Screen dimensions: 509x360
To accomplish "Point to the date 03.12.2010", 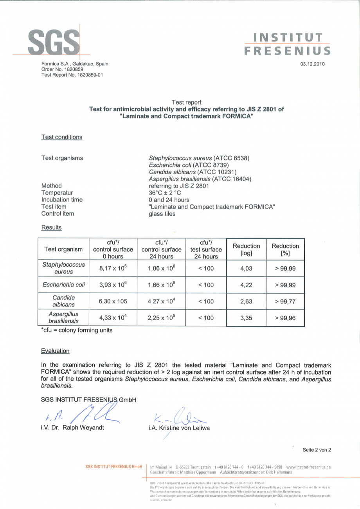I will pos(312,64).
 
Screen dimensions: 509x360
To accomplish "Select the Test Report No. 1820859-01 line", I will pos(72,75).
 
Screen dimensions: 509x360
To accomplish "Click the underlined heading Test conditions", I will pos(62,137).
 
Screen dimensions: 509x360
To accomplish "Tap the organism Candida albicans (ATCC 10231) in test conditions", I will pos(193,172).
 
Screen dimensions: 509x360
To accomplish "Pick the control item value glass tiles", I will pos(162,214).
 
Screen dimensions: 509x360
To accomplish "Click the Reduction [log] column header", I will pos(246,249).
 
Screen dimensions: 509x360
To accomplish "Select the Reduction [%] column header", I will pos(285,249).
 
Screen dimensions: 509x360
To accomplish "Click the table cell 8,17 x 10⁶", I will pos(113,268).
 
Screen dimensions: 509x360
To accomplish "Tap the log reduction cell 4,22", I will pos(246,285).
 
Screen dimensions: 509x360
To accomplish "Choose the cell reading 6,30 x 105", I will pos(113,301).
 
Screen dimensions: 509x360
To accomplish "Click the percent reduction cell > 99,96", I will pos(285,318).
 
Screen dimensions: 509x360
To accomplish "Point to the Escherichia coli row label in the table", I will pos(63,285).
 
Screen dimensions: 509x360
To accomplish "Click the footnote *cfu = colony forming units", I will pos(77,330).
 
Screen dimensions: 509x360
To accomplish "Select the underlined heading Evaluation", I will pos(55,351).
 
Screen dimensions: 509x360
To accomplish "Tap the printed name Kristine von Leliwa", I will pos(179,428).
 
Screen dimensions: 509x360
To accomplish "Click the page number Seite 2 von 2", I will pos(317,450).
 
